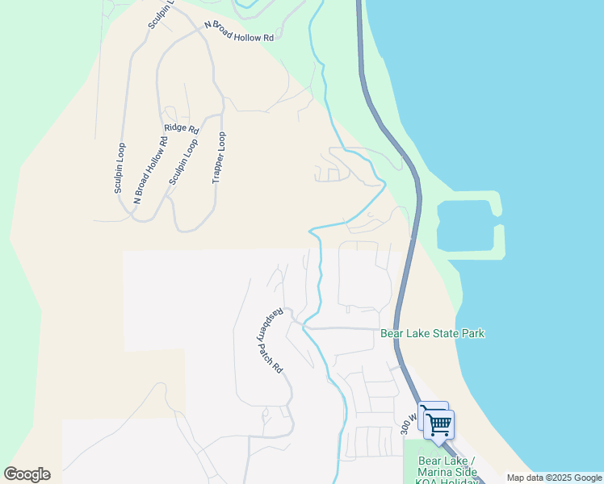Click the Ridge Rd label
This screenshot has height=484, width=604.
coord(181,128)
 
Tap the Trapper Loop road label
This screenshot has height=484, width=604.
coord(218,158)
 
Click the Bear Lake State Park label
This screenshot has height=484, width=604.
coord(432,333)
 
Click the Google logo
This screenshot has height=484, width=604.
coord(27,474)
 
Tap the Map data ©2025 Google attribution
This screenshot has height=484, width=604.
coord(555,478)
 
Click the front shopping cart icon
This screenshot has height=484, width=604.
coord(439,424)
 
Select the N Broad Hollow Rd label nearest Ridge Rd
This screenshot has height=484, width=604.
coord(151,169)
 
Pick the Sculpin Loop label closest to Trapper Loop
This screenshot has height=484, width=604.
coord(183,163)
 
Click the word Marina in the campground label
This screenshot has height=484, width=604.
coord(435,471)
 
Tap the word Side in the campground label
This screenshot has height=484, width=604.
coord(464,471)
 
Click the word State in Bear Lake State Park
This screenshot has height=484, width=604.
coord(447,333)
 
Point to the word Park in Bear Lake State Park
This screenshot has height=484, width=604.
coord(473,333)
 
